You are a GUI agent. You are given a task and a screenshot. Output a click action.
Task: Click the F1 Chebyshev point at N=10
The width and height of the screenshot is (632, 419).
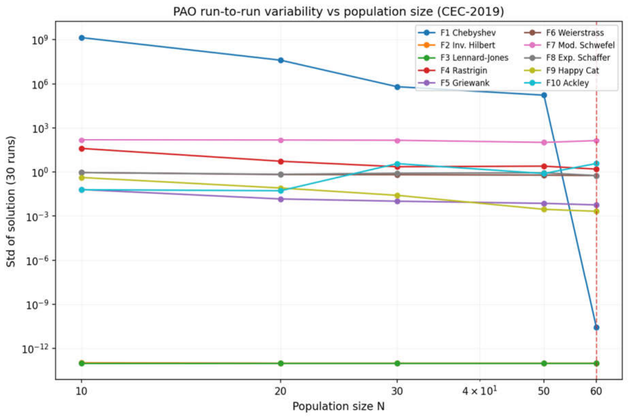(82, 38)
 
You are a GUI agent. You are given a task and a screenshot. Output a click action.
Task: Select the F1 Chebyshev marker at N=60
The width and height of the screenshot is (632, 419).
(596, 327)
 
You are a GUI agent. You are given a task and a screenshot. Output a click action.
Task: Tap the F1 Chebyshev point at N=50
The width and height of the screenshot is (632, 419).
(544, 95)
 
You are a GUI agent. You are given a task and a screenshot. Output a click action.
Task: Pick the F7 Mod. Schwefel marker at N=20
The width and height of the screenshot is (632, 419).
(281, 140)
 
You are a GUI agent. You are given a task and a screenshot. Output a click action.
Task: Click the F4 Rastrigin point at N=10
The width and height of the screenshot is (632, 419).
(82, 149)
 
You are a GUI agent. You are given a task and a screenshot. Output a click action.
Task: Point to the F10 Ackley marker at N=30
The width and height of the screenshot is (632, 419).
(397, 164)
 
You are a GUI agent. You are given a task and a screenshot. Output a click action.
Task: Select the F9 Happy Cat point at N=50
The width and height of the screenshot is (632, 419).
(544, 209)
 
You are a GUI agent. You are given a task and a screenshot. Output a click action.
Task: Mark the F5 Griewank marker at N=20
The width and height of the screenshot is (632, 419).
(281, 199)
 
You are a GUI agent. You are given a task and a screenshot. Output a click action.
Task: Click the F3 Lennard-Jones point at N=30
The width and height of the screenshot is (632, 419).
(397, 363)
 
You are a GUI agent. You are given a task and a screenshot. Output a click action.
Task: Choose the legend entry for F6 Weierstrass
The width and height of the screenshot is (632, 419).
(564, 33)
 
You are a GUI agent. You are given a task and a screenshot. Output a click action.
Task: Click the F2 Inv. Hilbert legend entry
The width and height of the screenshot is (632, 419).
(457, 45)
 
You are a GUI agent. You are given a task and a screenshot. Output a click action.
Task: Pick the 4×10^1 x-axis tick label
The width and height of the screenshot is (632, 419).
(479, 391)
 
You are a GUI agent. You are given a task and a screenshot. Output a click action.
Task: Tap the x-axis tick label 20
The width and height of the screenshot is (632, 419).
(280, 392)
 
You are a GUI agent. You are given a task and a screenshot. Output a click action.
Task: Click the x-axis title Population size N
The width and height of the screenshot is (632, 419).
(339, 406)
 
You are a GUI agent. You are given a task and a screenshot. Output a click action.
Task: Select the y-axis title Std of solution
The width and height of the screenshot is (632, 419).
(11, 202)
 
